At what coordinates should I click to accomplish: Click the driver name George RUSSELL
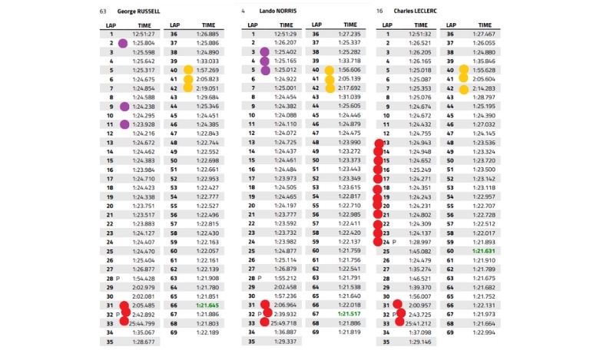140,12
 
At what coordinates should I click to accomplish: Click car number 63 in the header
103,12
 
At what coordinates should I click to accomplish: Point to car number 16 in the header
379,12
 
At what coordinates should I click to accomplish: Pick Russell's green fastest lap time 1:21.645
207,305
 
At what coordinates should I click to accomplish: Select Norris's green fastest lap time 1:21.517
349,313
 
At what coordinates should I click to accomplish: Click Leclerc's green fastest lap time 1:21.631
483,250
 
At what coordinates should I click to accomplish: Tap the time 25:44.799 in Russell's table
142,323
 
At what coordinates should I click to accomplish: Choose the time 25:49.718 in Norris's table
283,323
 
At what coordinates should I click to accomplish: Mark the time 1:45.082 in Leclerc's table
420,250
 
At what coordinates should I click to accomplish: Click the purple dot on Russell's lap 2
123,43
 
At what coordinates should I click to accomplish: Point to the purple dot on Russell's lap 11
123,124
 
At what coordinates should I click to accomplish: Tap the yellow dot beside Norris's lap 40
330,71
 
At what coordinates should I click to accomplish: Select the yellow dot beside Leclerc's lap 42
465,88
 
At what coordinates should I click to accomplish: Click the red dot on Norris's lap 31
263,306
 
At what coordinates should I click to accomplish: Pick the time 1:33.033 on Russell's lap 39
207,61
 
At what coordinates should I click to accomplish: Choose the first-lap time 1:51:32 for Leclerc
420,35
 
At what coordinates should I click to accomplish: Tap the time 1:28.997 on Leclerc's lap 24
420,241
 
